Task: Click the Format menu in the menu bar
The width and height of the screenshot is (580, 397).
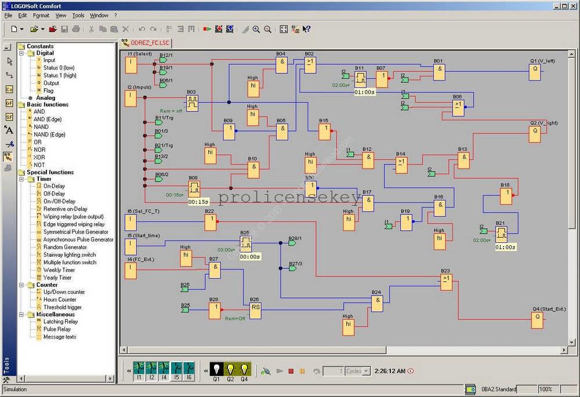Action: [x=41, y=15]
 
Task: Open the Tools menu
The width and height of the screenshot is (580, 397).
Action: [x=78, y=15]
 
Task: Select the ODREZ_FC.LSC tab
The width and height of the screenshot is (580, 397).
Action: [x=150, y=42]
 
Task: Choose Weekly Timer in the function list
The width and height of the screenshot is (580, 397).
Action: [x=59, y=270]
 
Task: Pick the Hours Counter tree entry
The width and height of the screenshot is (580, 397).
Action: [x=59, y=300]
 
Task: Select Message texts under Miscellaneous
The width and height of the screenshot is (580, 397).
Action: [x=59, y=337]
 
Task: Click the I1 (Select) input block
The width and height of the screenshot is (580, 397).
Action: [x=132, y=65]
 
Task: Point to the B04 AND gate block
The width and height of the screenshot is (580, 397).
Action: [x=281, y=65]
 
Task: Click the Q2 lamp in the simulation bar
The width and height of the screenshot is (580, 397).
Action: [x=230, y=369]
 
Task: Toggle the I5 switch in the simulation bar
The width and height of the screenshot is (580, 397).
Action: [x=176, y=369]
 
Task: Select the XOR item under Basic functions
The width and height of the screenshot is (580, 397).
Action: [x=39, y=157]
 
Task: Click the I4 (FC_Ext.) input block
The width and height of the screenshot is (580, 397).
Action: [x=132, y=271]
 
